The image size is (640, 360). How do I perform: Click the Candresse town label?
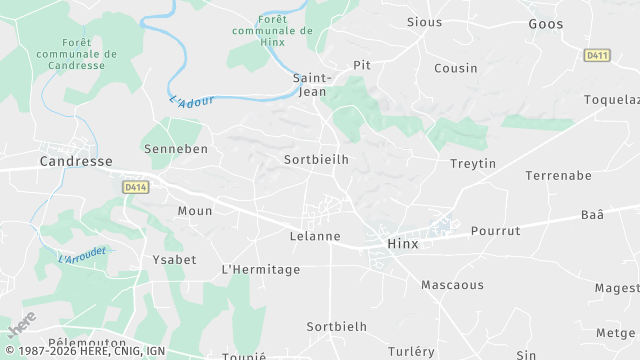point(75,160)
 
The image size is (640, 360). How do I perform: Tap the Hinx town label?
point(403,244)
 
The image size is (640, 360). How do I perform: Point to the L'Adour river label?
point(192,102)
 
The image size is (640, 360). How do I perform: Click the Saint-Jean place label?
point(312,85)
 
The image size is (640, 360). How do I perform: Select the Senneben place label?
point(176,149)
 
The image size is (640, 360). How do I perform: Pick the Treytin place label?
point(473,164)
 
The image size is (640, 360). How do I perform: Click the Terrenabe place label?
point(560,175)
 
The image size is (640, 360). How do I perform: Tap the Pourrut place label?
point(496,231)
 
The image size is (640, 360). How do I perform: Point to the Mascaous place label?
point(452,285)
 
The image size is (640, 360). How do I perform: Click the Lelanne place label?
point(314,237)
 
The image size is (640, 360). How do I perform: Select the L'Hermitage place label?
point(260,270)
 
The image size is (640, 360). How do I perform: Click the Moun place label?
point(194,211)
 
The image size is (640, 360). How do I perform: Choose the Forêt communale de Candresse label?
point(75,54)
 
